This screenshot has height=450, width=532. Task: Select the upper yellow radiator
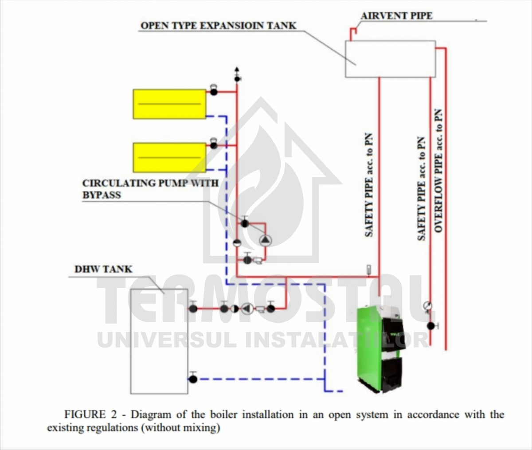pyautogui.click(x=169, y=104)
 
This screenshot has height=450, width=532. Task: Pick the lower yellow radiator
pyautogui.click(x=169, y=157)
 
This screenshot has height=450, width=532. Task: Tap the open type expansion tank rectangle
pyautogui.click(x=390, y=59)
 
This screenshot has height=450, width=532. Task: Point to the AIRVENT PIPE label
pyautogui.click(x=396, y=16)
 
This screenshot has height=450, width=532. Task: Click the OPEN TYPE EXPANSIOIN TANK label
pyautogui.click(x=218, y=25)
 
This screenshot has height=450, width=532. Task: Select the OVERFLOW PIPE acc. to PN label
pyautogui.click(x=439, y=171)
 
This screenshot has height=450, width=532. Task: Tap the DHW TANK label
pyautogui.click(x=103, y=269)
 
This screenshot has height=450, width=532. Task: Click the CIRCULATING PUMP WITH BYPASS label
pyautogui.click(x=150, y=188)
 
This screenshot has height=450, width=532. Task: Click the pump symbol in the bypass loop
pyautogui.click(x=265, y=240)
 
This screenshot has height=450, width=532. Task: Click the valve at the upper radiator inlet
pyautogui.click(x=214, y=92)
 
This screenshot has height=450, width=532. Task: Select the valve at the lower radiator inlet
pyautogui.click(x=214, y=145)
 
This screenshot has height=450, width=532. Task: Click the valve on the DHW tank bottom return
pyautogui.click(x=193, y=379)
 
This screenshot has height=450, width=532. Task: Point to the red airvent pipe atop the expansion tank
pyautogui.click(x=354, y=33)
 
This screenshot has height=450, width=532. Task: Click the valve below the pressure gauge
pyautogui.click(x=430, y=326)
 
